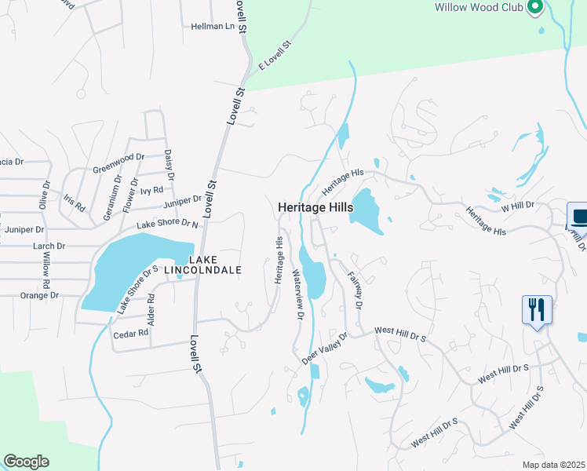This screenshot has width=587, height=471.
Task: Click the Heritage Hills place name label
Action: pos(315,208)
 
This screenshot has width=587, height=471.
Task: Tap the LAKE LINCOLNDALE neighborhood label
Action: pos(213,264)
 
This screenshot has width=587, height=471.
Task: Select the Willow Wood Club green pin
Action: pos(536,8)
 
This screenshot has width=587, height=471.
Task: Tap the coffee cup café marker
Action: pos(578,216)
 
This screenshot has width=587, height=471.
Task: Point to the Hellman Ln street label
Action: pos(213,26)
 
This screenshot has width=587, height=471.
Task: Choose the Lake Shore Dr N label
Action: pos(168,225)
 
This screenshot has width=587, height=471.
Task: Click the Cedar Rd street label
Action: pos(131,333)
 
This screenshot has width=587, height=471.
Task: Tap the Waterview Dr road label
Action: pos(297,294)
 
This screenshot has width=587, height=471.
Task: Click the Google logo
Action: pos(26,462)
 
